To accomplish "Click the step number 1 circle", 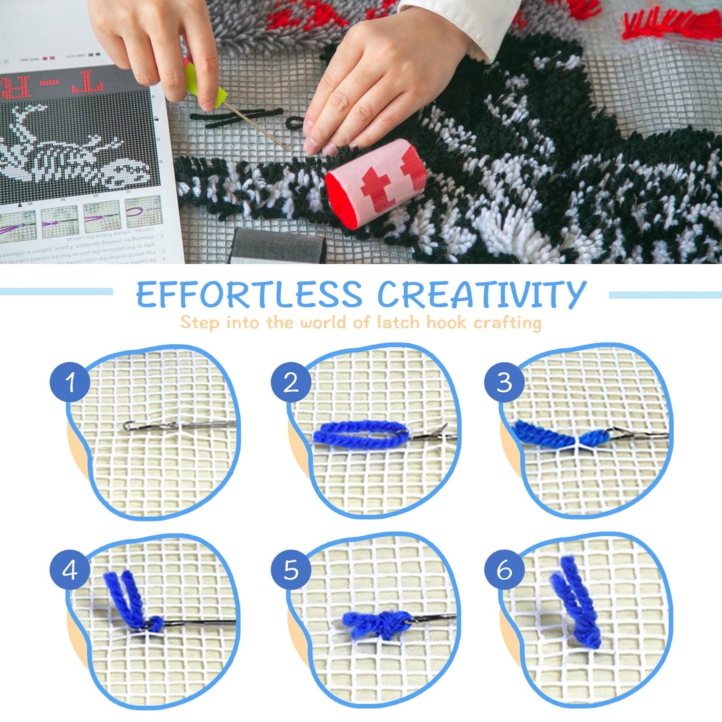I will coord(70,382).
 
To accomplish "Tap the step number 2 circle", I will coord(291,382).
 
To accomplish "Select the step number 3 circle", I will coord(504,382).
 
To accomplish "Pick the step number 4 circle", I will coord(70,570).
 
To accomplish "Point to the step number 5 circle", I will coord(291,570).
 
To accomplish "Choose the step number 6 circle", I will coord(504,570).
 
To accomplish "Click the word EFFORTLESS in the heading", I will coord(249,294).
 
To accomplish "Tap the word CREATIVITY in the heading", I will coord(481,294).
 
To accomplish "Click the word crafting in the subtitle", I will coord(507,323).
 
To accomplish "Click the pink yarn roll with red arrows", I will coord(376,183).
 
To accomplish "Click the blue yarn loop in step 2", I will coord(360,434).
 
